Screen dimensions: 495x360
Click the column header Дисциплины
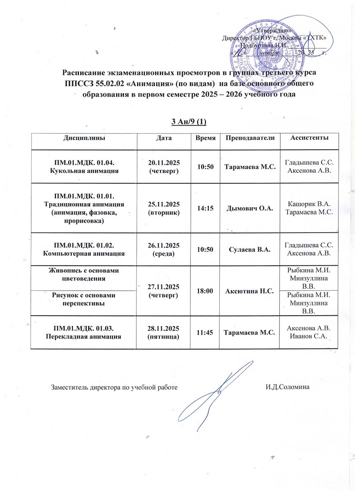coord(84,138)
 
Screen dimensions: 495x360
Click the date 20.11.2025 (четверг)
coord(164,166)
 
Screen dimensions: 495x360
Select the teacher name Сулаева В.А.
coord(250,249)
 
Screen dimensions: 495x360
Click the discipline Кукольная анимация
coord(84,170)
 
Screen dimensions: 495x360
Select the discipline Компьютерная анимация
coord(84,253)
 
